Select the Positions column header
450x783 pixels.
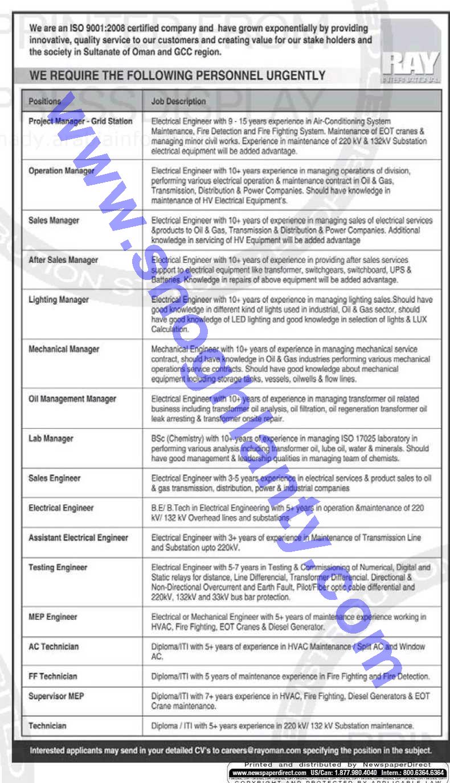[44, 101]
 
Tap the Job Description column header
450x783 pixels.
[178, 101]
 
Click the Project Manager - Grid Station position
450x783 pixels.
[80, 121]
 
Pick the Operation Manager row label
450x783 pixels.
[61, 171]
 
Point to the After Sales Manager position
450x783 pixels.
[63, 260]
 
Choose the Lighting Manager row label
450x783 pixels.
[59, 300]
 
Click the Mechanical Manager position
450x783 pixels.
[64, 349]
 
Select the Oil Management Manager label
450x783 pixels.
[72, 399]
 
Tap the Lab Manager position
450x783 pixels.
[51, 439]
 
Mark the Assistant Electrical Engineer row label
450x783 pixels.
[79, 538]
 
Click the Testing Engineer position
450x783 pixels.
[58, 567]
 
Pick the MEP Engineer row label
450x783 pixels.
[53, 617]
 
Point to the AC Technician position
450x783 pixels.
[54, 647]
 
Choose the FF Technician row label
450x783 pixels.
[53, 676]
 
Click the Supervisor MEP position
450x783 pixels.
[56, 696]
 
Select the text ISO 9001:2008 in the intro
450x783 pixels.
[88, 29]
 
